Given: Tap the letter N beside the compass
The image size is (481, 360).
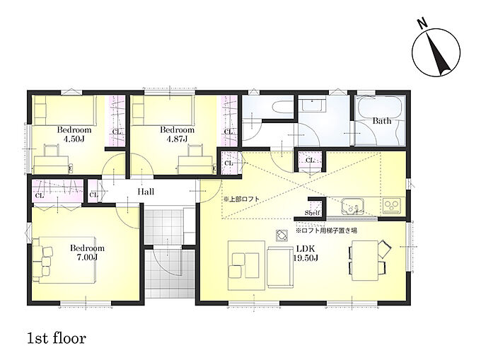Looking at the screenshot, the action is click(423, 23).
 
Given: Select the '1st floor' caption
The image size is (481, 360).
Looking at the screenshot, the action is click(57, 339).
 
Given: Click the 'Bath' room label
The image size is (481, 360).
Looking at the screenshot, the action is click(382, 121).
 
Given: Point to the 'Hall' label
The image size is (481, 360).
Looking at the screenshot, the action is click(146, 192).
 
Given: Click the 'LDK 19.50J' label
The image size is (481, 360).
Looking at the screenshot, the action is click(306, 253).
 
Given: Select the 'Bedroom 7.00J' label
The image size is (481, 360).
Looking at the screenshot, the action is click(87, 252).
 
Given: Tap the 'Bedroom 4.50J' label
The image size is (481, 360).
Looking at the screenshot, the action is click(74, 134).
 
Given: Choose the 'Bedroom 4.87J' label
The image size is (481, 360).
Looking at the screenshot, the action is click(178, 134).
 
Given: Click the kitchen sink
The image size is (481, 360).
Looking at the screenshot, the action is click(352, 207).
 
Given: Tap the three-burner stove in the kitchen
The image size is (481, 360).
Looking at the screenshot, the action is click(391, 206).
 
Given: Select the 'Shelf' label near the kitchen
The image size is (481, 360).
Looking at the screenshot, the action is click(312, 213).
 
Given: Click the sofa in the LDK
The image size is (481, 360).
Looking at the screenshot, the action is click(280, 267).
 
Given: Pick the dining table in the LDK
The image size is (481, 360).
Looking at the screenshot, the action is click(365, 260).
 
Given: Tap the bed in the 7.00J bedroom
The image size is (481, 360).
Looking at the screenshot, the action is click(64, 260).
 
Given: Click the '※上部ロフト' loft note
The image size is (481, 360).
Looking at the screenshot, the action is click(241, 199).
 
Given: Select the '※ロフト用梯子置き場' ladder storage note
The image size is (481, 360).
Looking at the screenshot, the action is click(326, 230).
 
